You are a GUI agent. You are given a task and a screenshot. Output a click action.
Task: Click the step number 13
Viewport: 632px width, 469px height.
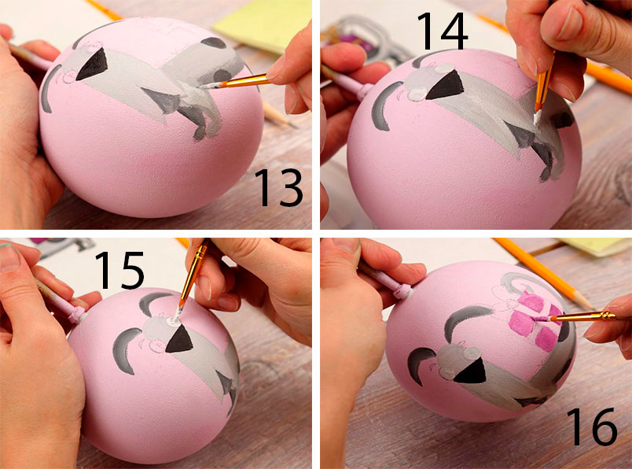278,187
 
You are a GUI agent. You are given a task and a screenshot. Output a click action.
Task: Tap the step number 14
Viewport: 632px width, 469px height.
442,31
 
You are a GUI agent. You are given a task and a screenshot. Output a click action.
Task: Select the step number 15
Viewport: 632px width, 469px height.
119,270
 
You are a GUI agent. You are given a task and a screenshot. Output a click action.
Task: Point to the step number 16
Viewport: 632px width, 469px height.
592,427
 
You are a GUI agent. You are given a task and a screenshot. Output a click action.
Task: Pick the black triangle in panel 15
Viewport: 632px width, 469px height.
179,339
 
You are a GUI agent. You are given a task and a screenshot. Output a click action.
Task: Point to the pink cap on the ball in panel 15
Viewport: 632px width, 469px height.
79,315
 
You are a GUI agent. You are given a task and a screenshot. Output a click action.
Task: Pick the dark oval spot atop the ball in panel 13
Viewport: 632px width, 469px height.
214,42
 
